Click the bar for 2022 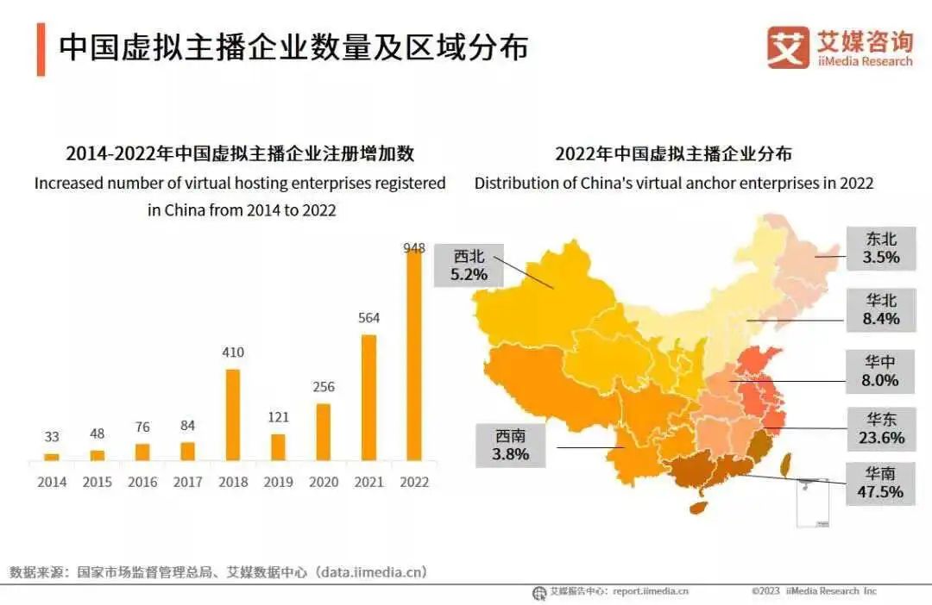tap(414, 355)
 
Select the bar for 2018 tap(233, 415)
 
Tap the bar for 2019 tap(278, 446)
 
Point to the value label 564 tap(368, 318)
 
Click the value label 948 tap(414, 248)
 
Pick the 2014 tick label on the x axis tap(52, 483)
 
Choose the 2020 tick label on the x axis tap(324, 483)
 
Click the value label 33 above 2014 tap(52, 438)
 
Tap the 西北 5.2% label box tap(469, 265)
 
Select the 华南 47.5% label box tap(881, 483)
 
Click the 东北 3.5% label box tap(881, 248)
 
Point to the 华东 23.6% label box tap(881, 428)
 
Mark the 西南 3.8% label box tap(511, 446)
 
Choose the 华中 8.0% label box tap(881, 371)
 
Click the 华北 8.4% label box tap(881, 310)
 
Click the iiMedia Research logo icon tap(788, 47)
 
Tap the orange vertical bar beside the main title tap(41, 49)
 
